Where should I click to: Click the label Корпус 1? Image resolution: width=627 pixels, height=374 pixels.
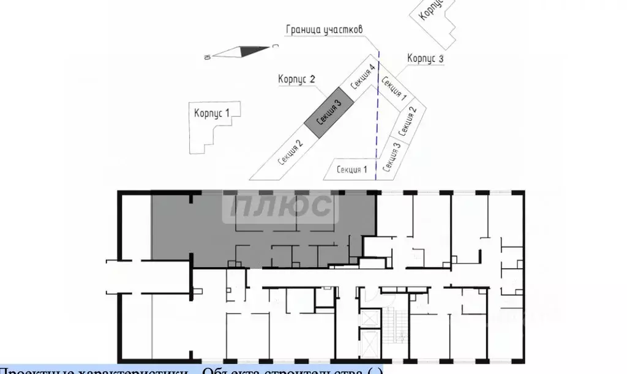[x=212, y=113]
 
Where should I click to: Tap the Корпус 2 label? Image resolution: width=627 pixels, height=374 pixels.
[x=296, y=79]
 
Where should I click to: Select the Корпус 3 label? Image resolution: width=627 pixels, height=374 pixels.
[x=425, y=59]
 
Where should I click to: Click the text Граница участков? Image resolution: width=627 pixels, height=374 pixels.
[x=325, y=30]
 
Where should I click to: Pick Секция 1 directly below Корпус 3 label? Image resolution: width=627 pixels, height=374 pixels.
[x=394, y=88]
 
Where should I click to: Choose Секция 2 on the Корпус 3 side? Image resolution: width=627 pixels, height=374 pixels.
[x=408, y=122]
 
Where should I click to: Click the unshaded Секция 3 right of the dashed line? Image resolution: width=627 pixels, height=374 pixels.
[x=391, y=157]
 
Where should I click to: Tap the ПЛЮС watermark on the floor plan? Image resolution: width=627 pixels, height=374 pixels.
[x=281, y=208]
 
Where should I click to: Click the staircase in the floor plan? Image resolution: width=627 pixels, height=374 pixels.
[x=392, y=325]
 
